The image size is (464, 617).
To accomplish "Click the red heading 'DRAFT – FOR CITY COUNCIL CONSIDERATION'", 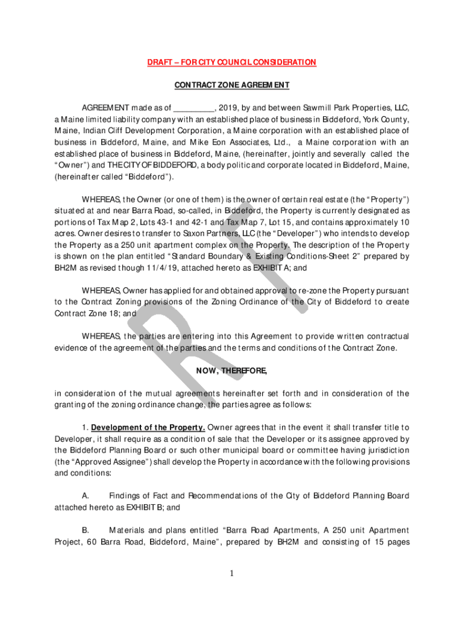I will (x=232, y=63).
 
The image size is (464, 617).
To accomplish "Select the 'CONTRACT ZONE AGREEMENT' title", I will (x=232, y=85).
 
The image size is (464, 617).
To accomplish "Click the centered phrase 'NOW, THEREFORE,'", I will (x=232, y=371).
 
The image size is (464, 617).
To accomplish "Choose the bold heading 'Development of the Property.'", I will (x=148, y=428).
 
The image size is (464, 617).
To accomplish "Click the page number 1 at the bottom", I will (x=232, y=573).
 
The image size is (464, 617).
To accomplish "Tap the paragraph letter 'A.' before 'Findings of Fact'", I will (x=86, y=496).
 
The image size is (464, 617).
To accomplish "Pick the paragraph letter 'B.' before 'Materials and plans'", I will (x=86, y=530).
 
